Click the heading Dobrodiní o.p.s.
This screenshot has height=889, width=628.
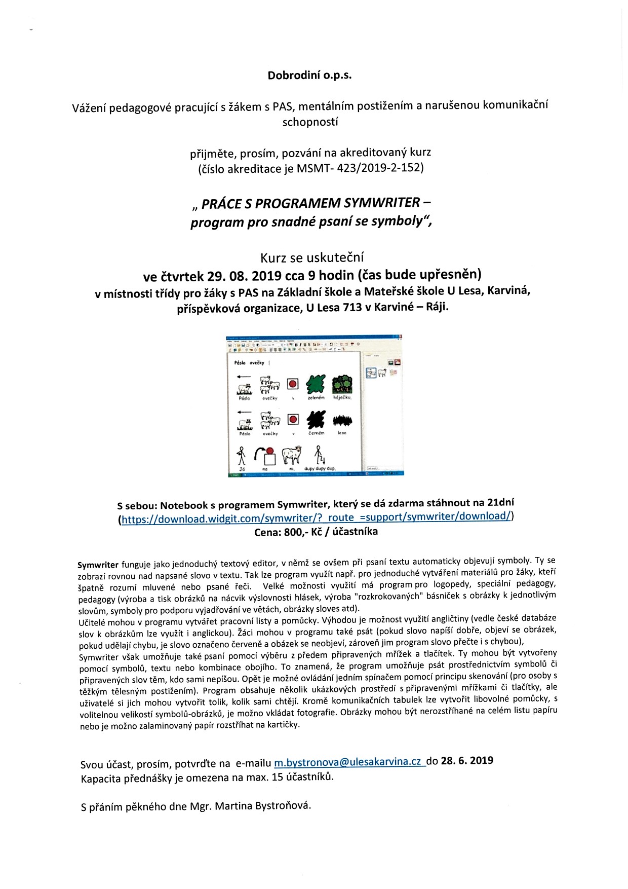click(309, 75)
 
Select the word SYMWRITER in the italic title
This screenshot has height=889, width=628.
click(382, 203)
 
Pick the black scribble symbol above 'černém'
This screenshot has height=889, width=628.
click(316, 420)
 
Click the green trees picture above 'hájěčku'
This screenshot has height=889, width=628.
click(342, 384)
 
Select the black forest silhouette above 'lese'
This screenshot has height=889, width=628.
click(342, 420)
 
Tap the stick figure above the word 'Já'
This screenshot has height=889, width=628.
click(242, 456)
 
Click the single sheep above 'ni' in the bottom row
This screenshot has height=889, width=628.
click(291, 455)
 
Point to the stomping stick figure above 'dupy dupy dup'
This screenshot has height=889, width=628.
click(319, 455)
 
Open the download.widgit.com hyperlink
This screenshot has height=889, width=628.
click(316, 517)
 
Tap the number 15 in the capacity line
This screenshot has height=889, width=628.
click(277, 777)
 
